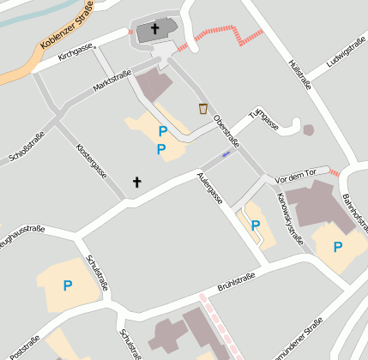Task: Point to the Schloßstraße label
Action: tap(27, 145)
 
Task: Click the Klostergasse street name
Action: tap(92, 160)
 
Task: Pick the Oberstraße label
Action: tap(226, 130)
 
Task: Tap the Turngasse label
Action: tap(264, 120)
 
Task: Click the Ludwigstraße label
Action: tap(347, 52)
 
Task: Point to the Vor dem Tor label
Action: tap(302, 175)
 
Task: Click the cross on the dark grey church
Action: tap(155, 29)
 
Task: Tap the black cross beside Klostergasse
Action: tap(136, 182)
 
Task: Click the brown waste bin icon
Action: tap(203, 108)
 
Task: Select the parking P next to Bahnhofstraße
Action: tap(338, 246)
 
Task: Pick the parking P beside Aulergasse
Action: tap(255, 225)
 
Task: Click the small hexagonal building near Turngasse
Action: tap(308, 130)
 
